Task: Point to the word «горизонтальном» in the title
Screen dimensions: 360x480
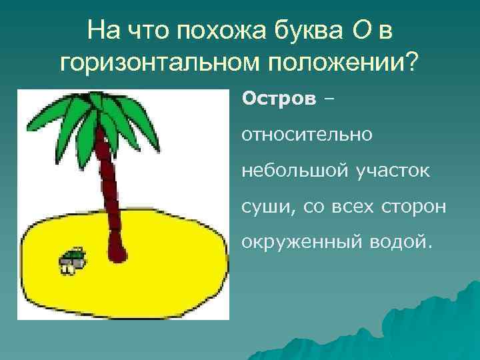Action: coord(159,63)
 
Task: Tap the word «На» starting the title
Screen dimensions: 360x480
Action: coord(102,29)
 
